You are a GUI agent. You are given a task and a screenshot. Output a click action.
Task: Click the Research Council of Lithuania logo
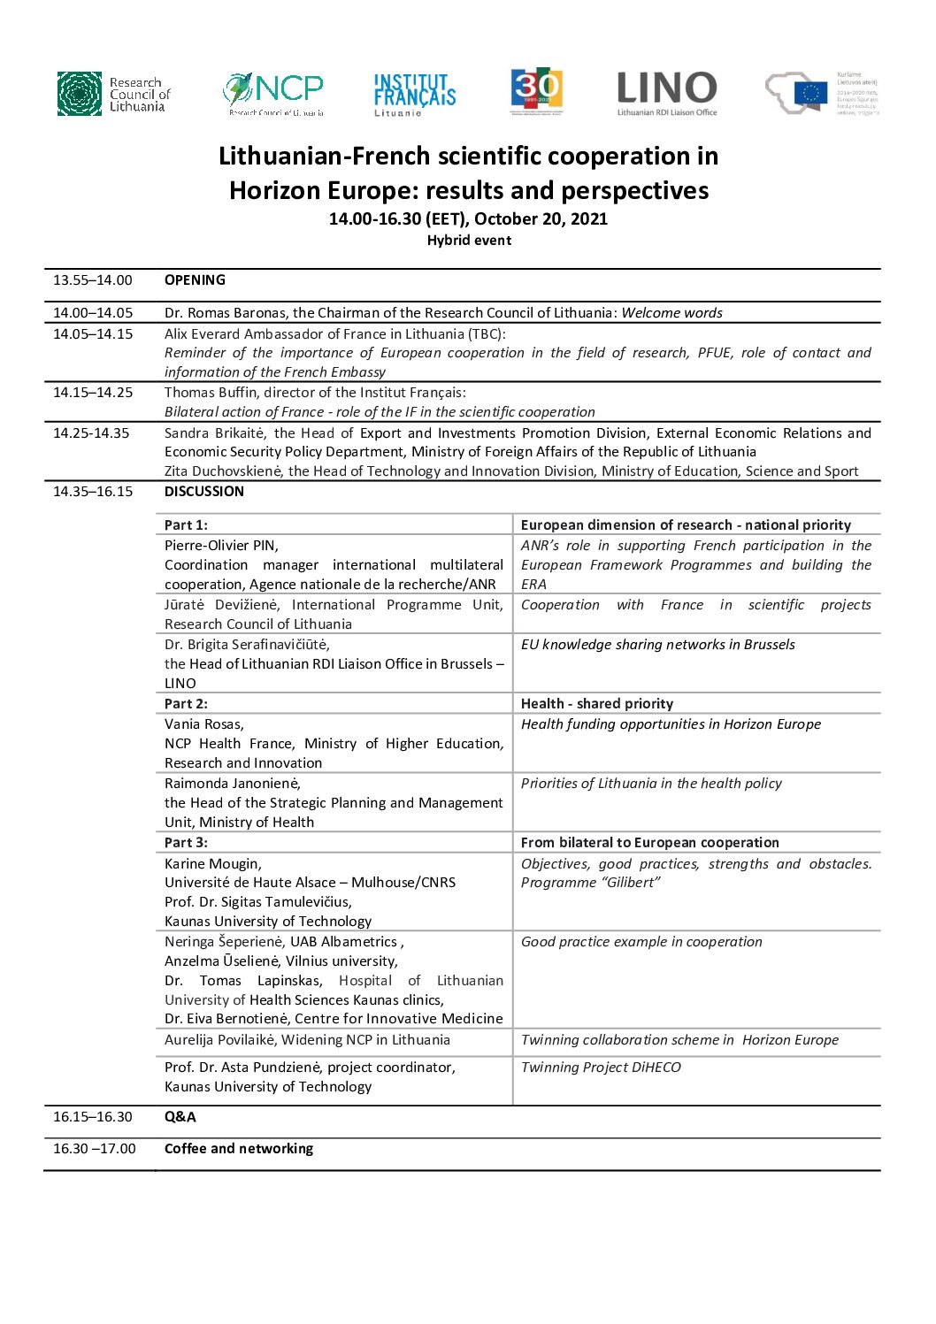click(113, 94)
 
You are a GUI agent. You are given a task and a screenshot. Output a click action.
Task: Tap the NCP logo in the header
click(273, 94)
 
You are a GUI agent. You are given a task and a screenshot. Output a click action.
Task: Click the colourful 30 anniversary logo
click(537, 92)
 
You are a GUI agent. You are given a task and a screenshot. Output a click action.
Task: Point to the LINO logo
click(667, 93)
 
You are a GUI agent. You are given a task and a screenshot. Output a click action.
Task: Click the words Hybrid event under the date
click(469, 241)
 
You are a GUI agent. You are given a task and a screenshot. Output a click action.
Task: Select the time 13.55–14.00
click(93, 280)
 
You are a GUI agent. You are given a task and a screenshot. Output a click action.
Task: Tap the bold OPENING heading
click(195, 280)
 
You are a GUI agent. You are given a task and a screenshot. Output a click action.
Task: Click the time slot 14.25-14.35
click(91, 433)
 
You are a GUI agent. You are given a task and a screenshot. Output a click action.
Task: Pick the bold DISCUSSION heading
click(204, 492)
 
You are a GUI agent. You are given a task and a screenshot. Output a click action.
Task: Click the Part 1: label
click(186, 525)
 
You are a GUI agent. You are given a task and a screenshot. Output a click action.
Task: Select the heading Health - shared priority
click(597, 704)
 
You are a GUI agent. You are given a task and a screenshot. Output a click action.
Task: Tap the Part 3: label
click(186, 843)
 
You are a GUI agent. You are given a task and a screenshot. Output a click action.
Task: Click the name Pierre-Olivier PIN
click(221, 546)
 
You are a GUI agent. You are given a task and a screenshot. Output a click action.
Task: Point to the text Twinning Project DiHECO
click(602, 1068)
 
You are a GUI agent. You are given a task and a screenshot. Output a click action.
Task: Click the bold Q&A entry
click(180, 1117)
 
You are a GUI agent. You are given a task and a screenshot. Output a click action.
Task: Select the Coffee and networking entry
click(239, 1149)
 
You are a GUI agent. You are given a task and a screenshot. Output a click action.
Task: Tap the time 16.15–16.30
click(93, 1117)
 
